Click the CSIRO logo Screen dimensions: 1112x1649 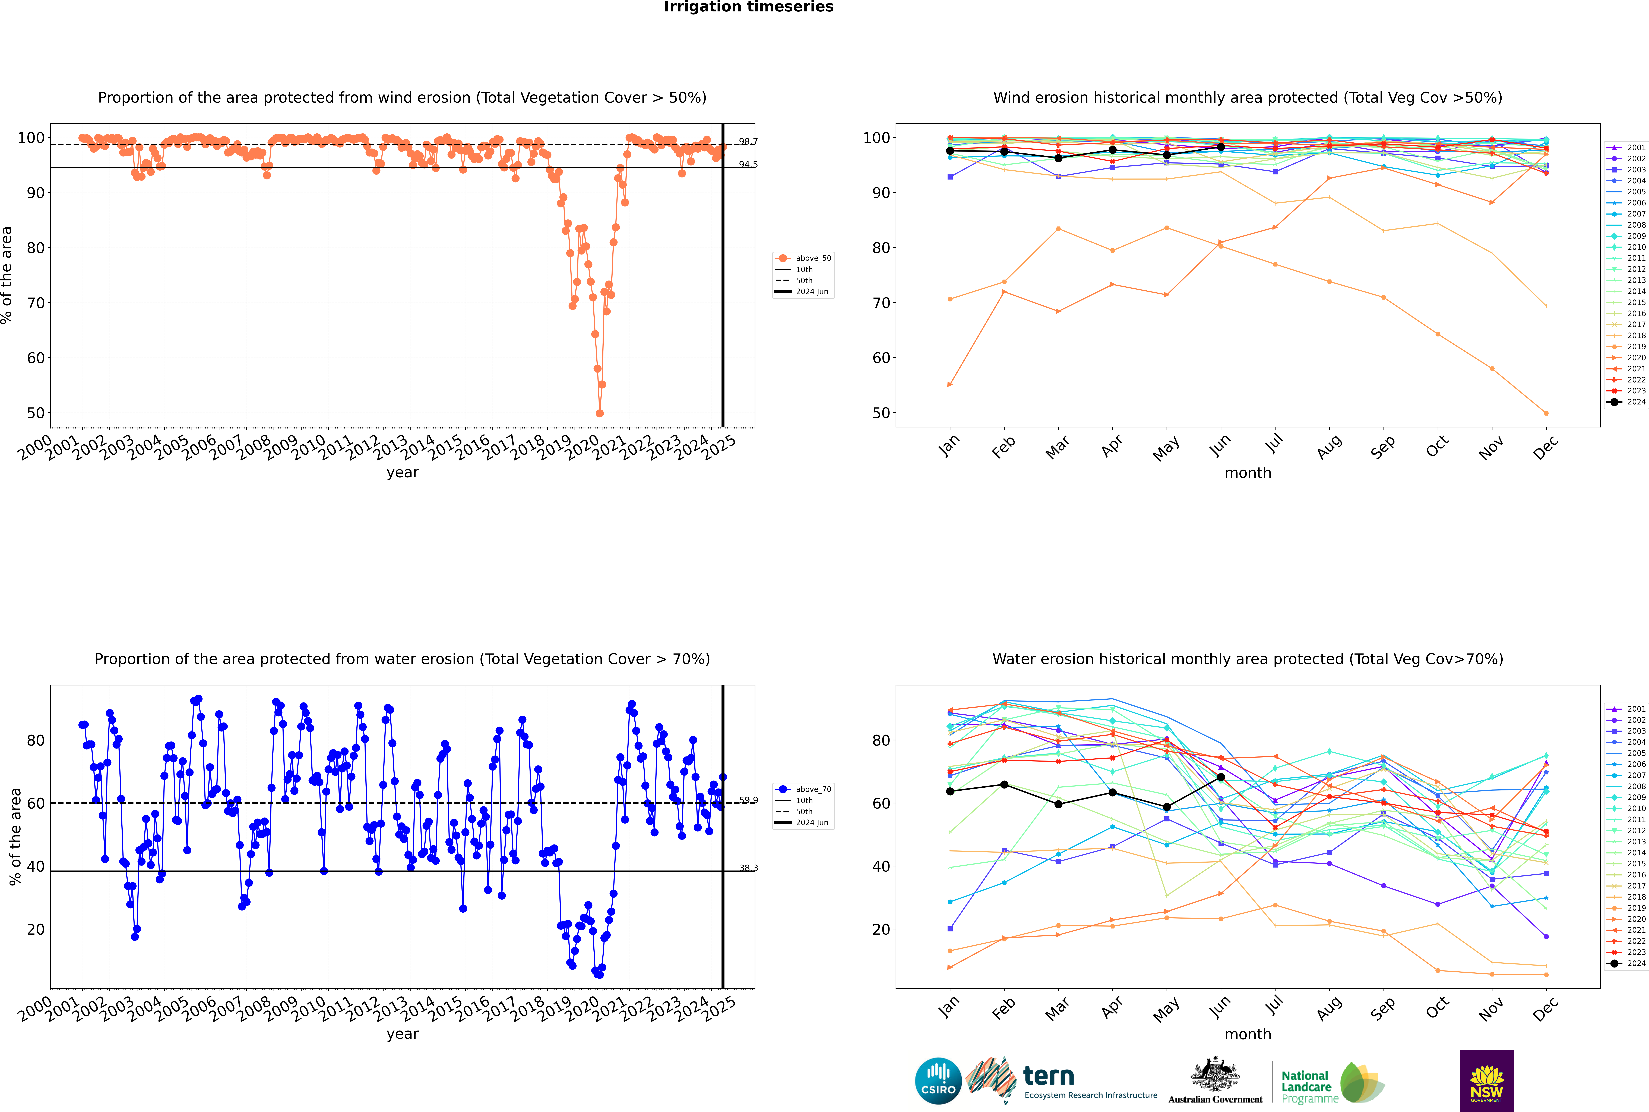pos(938,1081)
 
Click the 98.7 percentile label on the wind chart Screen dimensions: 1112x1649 pos(748,142)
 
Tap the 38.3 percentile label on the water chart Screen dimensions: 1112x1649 pos(748,868)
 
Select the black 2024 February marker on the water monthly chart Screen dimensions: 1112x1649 pos(1004,784)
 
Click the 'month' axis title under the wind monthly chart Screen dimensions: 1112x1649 pos(1248,473)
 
